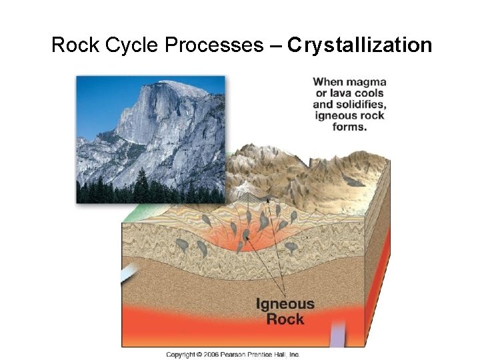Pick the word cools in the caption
tap(369, 93)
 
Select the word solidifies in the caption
tap(361, 105)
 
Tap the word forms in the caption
tap(349, 127)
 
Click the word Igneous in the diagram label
tap(285, 305)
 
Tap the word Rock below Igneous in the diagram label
tap(285, 319)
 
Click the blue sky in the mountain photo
tap(100, 100)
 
